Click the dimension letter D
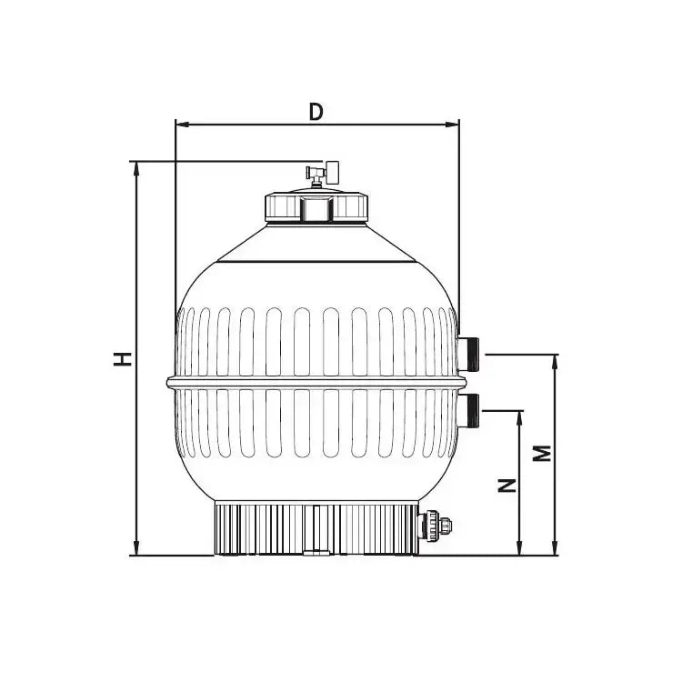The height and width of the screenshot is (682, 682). click(x=316, y=111)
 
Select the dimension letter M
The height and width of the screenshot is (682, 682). click(x=541, y=454)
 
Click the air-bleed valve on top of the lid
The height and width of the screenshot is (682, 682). click(x=320, y=172)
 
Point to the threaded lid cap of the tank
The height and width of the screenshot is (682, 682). click(x=316, y=208)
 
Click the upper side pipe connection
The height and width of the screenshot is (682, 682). click(x=471, y=353)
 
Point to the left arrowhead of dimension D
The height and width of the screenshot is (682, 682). click(x=179, y=124)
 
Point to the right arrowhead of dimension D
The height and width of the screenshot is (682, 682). click(x=454, y=124)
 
